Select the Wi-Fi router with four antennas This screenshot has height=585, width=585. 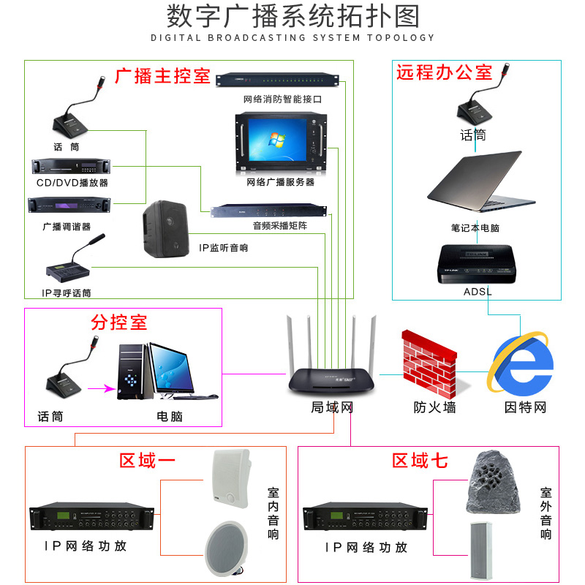click(x=331, y=366)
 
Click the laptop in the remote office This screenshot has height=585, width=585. click(x=475, y=186)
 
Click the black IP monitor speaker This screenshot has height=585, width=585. click(x=165, y=229)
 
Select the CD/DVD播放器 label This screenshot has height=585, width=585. click(x=72, y=183)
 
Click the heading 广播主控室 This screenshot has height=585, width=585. click(x=162, y=76)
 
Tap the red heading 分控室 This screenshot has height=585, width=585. click(x=119, y=322)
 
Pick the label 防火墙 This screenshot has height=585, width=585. click(x=434, y=407)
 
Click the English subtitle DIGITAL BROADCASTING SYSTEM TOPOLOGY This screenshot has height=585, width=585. click(x=292, y=37)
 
